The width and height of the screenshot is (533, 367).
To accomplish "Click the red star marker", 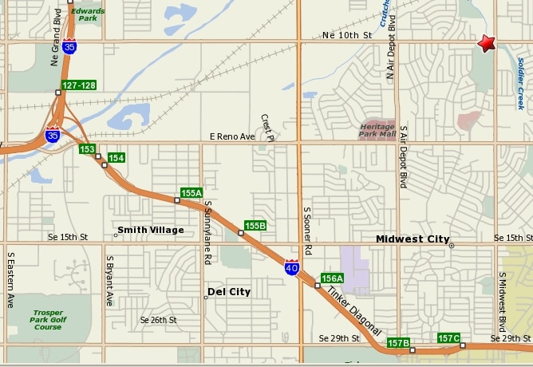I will (x=486, y=43).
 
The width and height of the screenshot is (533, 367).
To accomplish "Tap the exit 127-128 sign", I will (x=78, y=85).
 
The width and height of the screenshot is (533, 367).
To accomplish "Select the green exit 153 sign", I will (x=88, y=149).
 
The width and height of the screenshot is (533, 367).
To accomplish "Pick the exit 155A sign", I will (x=191, y=193).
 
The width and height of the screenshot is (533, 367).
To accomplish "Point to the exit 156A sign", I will (x=332, y=278).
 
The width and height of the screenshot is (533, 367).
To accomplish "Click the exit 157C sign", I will (x=449, y=338).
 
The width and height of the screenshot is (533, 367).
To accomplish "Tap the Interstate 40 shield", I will (x=291, y=267).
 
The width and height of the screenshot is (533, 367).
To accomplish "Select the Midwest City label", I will (x=413, y=239).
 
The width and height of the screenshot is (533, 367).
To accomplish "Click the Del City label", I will (x=229, y=292).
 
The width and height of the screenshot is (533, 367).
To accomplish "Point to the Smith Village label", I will (x=150, y=230).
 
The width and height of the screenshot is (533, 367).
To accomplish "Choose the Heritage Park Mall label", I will (x=378, y=130).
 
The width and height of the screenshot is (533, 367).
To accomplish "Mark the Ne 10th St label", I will (x=347, y=36).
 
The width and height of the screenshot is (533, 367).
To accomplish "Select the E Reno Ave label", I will (x=232, y=136).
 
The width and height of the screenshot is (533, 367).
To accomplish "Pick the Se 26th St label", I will (x=158, y=320).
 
